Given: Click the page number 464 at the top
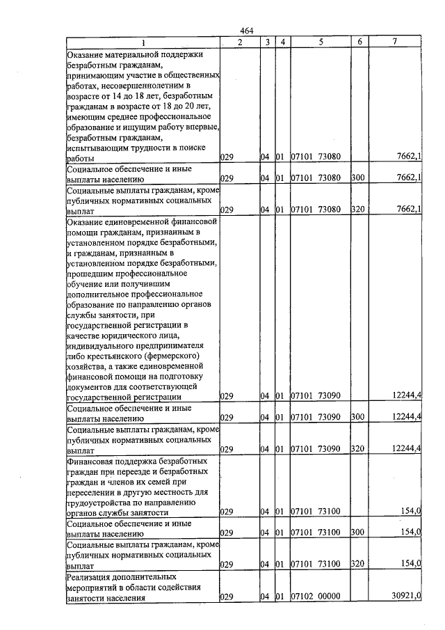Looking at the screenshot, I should pyautogui.click(x=247, y=31).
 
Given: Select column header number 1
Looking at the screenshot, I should pyautogui.click(x=143, y=42).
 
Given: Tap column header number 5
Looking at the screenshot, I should pyautogui.click(x=321, y=42).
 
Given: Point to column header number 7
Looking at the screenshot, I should pyautogui.click(x=394, y=42).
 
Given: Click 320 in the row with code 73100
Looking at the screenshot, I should pyautogui.click(x=358, y=565).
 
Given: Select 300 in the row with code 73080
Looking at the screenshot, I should pyautogui.click(x=358, y=179).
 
